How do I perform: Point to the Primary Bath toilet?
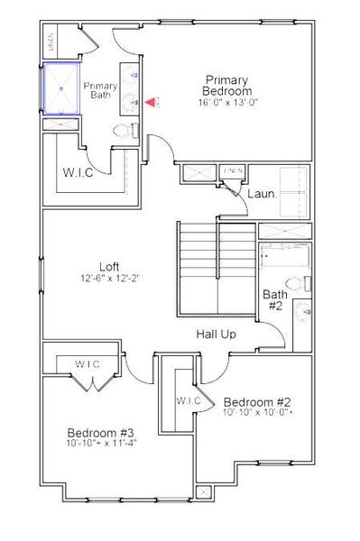click(124, 131)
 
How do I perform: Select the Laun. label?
click(263, 192)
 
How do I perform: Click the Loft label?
click(110, 266)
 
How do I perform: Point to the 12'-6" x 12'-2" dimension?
click(109, 279)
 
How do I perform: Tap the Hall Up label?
click(217, 335)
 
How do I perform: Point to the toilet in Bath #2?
click(305, 311)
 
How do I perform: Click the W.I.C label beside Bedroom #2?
click(189, 399)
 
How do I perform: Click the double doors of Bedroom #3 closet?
click(91, 384)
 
